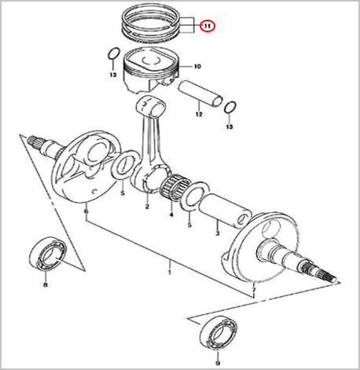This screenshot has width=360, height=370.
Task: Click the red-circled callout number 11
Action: click(x=208, y=26)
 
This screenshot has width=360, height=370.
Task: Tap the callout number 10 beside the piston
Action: click(x=197, y=67)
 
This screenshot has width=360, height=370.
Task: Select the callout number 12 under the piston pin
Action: click(x=199, y=114)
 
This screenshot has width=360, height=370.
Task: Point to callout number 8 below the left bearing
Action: click(x=46, y=285)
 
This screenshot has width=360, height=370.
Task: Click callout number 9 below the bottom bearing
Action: click(x=218, y=363)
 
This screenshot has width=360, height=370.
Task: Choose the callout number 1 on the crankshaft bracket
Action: click(x=170, y=272)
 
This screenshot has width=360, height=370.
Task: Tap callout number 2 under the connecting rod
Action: click(x=147, y=207)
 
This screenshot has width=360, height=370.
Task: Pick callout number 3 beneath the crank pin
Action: click(x=217, y=233)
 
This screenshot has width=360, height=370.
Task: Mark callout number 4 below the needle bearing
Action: click(x=171, y=214)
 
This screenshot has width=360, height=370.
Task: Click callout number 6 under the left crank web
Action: click(x=86, y=211)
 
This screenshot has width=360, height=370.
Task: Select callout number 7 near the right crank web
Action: click(x=253, y=290)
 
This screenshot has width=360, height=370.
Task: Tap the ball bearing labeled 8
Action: click(x=46, y=254)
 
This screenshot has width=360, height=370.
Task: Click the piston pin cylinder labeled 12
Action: click(x=201, y=93)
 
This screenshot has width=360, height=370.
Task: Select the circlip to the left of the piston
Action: click(x=114, y=53)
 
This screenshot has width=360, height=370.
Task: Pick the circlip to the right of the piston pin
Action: click(x=230, y=108)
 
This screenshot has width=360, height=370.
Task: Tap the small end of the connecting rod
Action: click(x=152, y=106)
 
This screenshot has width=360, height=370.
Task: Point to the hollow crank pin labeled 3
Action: click(x=225, y=211)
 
